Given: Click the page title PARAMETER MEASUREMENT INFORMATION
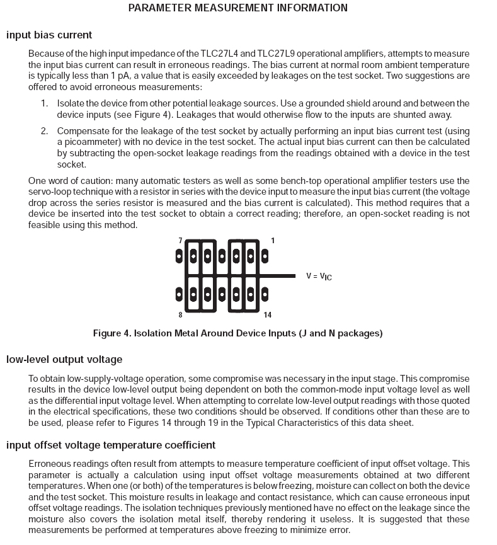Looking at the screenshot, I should (x=237, y=8).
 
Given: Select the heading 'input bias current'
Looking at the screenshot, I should (x=49, y=35).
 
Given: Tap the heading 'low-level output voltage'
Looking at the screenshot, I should (x=64, y=359).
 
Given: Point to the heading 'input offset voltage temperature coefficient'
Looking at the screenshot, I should (x=111, y=445).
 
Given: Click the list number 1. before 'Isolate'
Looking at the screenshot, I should (x=45, y=103).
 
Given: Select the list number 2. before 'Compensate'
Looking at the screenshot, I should (x=45, y=131).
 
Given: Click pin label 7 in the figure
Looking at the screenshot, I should (x=180, y=241).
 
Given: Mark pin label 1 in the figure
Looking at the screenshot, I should (x=273, y=241).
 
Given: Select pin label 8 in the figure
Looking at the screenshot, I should (x=180, y=314).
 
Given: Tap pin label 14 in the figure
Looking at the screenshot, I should (x=268, y=314).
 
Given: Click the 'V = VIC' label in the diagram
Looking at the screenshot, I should (x=319, y=276).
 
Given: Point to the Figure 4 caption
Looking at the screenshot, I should (x=237, y=333).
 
